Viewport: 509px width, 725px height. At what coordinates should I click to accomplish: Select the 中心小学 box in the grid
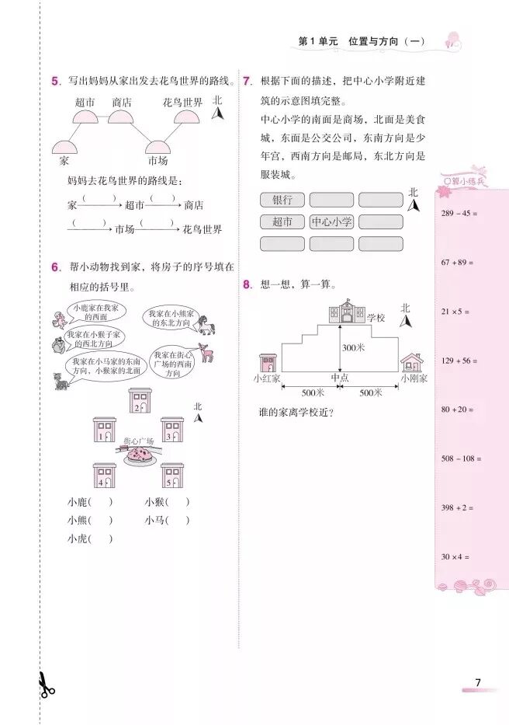[331, 222]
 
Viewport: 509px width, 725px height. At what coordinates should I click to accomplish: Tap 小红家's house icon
[268, 363]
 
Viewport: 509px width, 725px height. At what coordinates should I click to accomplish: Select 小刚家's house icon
[411, 363]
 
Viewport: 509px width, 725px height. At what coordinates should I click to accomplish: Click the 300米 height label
[353, 348]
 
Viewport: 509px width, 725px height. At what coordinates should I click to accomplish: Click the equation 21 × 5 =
[456, 312]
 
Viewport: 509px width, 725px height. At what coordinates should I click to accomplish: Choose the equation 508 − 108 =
[461, 459]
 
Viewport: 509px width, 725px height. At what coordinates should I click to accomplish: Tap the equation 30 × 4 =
[456, 557]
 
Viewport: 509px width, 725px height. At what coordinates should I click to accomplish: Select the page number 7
[478, 683]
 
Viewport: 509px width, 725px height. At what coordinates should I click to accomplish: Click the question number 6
[55, 267]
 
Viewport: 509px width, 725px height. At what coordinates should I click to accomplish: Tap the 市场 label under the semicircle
[158, 161]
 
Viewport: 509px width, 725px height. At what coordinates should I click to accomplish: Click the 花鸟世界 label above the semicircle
[183, 103]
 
